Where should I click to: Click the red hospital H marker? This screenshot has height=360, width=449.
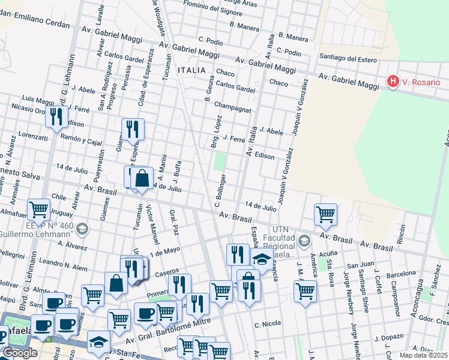[393, 81]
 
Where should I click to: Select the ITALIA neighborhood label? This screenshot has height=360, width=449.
[193, 71]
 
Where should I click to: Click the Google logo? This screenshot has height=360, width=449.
[20, 353]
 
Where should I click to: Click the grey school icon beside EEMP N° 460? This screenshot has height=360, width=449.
[82, 229]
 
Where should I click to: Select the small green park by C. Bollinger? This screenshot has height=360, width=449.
[220, 161]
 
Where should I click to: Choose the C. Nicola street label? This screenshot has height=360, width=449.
[268, 325]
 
